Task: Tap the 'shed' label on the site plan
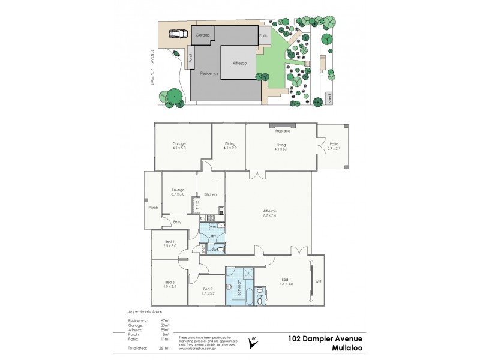329,98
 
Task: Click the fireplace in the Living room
282,128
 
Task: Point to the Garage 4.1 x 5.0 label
179,146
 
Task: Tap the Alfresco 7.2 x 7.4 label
269,213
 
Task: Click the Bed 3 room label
170,284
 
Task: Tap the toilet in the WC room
220,248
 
